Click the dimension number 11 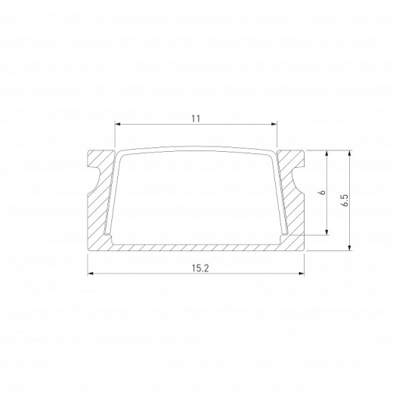(x=196, y=119)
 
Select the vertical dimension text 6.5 (x=344, y=200)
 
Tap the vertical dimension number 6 (x=320, y=193)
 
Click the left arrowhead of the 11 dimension (x=116, y=125)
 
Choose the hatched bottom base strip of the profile (x=196, y=246)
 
